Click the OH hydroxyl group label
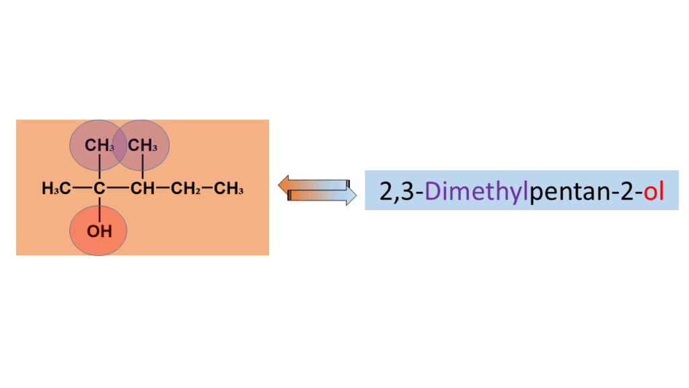(x=98, y=232)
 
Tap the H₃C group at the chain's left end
(x=56, y=189)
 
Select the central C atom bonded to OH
(x=99, y=189)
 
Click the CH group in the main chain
(x=142, y=189)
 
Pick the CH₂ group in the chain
(x=185, y=189)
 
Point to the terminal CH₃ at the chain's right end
(x=229, y=189)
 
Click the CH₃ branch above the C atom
(x=99, y=145)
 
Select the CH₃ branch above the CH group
(x=143, y=145)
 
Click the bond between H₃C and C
(x=81, y=189)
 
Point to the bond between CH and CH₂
(x=162, y=189)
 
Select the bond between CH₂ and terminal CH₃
(x=207, y=189)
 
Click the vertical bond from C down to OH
(x=99, y=209)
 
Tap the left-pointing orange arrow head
(x=283, y=184)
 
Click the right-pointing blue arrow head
(x=351, y=196)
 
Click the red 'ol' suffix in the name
(x=654, y=191)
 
